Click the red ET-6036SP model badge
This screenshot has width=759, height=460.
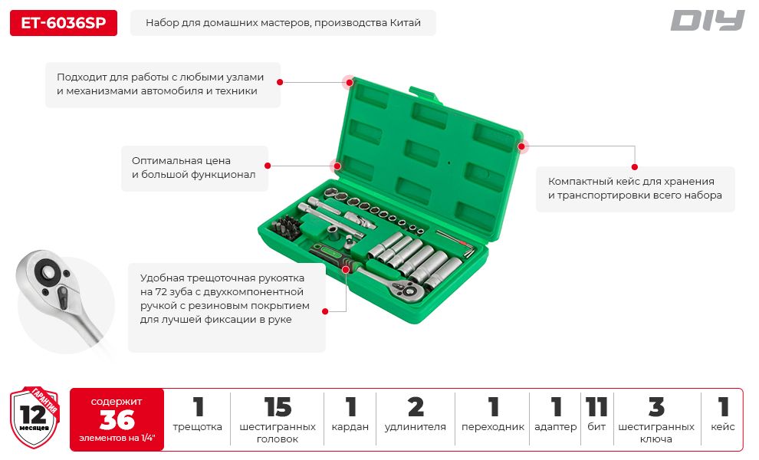64,23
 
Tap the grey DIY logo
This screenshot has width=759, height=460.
707,21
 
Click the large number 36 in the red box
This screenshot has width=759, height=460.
117,419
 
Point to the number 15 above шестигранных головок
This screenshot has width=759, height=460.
278,407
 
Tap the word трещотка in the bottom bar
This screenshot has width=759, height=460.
198,427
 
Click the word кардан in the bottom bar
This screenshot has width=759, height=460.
350,427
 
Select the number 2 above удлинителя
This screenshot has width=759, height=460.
416,407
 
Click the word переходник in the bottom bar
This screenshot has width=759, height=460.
493,427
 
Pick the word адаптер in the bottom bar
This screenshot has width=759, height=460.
556,427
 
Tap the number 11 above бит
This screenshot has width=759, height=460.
596,407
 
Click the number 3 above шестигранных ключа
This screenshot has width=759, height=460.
656,407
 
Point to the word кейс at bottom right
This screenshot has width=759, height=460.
723,427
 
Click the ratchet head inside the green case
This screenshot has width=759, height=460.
406,290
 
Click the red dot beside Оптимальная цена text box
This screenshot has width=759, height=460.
268,166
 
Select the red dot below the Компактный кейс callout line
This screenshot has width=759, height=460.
635,167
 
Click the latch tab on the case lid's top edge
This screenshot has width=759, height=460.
425,94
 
